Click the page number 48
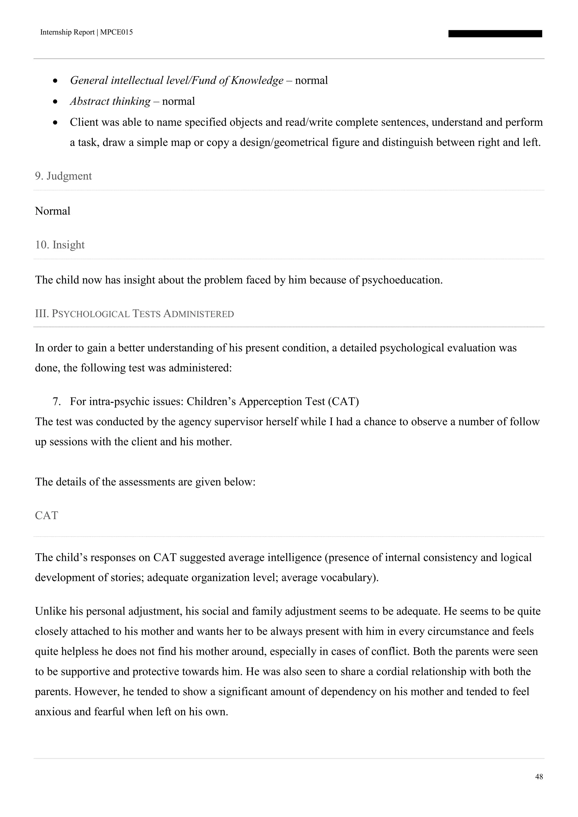pyautogui.click(x=539, y=777)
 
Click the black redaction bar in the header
pyautogui.click(x=495, y=34)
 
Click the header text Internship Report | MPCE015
pyautogui.click(x=86, y=32)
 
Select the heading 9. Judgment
pyautogui.click(x=63, y=176)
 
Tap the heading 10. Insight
pyautogui.click(x=60, y=245)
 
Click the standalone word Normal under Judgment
pyautogui.click(x=53, y=211)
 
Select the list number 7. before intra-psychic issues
pyautogui.click(x=57, y=402)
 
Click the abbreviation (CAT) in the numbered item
pyautogui.click(x=343, y=402)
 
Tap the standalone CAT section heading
pyautogui.click(x=46, y=516)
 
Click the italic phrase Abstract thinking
pyautogui.click(x=110, y=101)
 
